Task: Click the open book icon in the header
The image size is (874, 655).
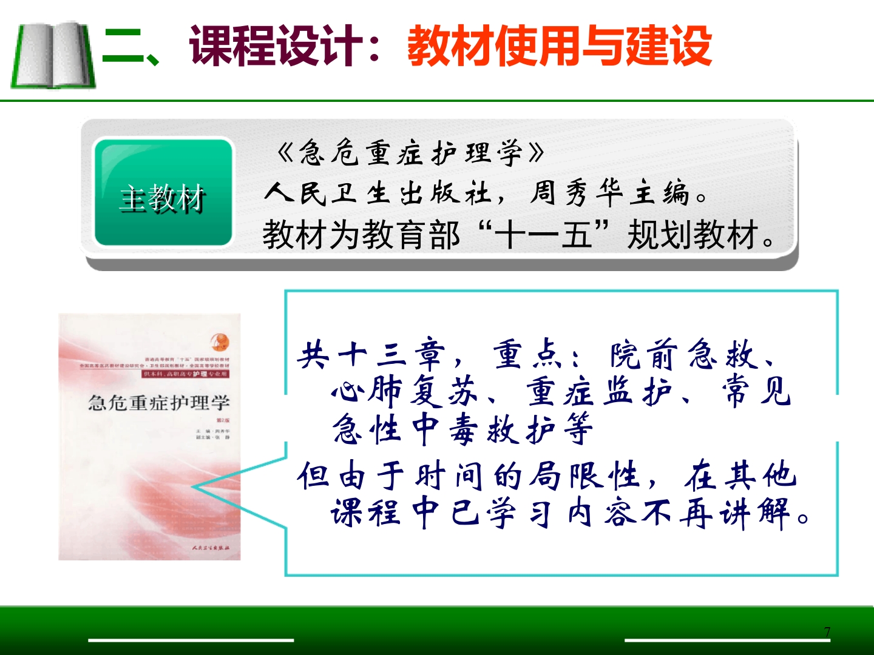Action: pyautogui.click(x=53, y=55)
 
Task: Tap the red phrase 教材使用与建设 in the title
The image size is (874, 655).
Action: pyautogui.click(x=559, y=46)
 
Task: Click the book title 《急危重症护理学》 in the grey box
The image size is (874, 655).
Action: pyautogui.click(x=410, y=153)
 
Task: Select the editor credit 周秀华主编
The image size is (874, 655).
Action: pyautogui.click(x=609, y=193)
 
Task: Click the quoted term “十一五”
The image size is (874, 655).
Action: pyautogui.click(x=543, y=235)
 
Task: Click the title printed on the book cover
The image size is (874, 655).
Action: pyautogui.click(x=159, y=403)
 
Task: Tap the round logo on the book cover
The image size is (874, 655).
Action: pyautogui.click(x=219, y=341)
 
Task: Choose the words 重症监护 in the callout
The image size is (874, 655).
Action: pyautogui.click(x=598, y=392)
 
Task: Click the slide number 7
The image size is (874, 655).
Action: pyautogui.click(x=827, y=632)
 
